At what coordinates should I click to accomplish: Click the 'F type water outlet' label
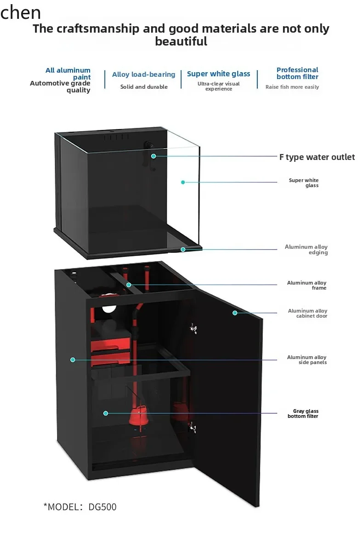pos(317,157)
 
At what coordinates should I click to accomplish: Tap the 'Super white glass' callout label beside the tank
pos(304,183)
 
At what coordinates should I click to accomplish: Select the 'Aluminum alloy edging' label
pos(306,249)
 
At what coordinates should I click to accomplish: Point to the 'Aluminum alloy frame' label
pos(306,285)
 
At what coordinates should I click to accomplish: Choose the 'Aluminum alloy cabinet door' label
pos(307,313)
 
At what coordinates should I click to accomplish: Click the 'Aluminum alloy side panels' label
pos(306,359)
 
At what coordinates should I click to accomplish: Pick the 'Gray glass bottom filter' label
pos(303,413)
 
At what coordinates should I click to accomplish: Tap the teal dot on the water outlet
pos(153,156)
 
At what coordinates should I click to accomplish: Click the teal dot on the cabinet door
pos(235,313)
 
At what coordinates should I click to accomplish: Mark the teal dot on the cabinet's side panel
pos(73,359)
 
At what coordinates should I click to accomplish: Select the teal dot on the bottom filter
pos(106,413)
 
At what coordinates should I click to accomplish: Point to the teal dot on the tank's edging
pos(183,249)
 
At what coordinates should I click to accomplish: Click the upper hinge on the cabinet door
pos(193,328)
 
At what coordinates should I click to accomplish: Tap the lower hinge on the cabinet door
pos(193,428)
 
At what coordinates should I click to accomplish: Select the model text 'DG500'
pos(102,507)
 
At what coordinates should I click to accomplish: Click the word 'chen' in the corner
pos(21,13)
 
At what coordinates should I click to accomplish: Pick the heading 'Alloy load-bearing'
pos(143,74)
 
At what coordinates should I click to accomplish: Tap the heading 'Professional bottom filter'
pos(297,73)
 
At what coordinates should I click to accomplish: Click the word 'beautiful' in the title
pos(181,41)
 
